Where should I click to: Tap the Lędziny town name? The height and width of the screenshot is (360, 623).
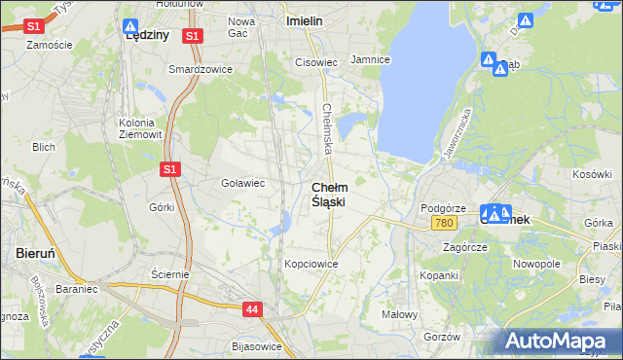click(148, 34)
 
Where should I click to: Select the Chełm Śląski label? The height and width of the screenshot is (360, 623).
click(328, 194)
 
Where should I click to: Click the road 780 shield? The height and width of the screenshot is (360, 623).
click(445, 225)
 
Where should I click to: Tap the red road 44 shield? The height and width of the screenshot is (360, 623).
click(252, 309)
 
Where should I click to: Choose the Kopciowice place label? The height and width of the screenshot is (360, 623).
click(311, 264)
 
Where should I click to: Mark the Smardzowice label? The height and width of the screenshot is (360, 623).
click(198, 70)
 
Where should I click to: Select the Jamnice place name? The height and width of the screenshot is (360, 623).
click(370, 60)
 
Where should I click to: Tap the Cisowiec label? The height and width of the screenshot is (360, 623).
click(316, 62)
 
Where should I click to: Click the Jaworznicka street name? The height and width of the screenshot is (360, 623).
click(457, 133)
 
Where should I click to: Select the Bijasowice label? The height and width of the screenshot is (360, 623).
click(257, 346)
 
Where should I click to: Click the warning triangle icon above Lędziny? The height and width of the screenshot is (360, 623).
click(130, 25)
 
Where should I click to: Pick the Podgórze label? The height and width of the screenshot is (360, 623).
click(444, 209)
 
